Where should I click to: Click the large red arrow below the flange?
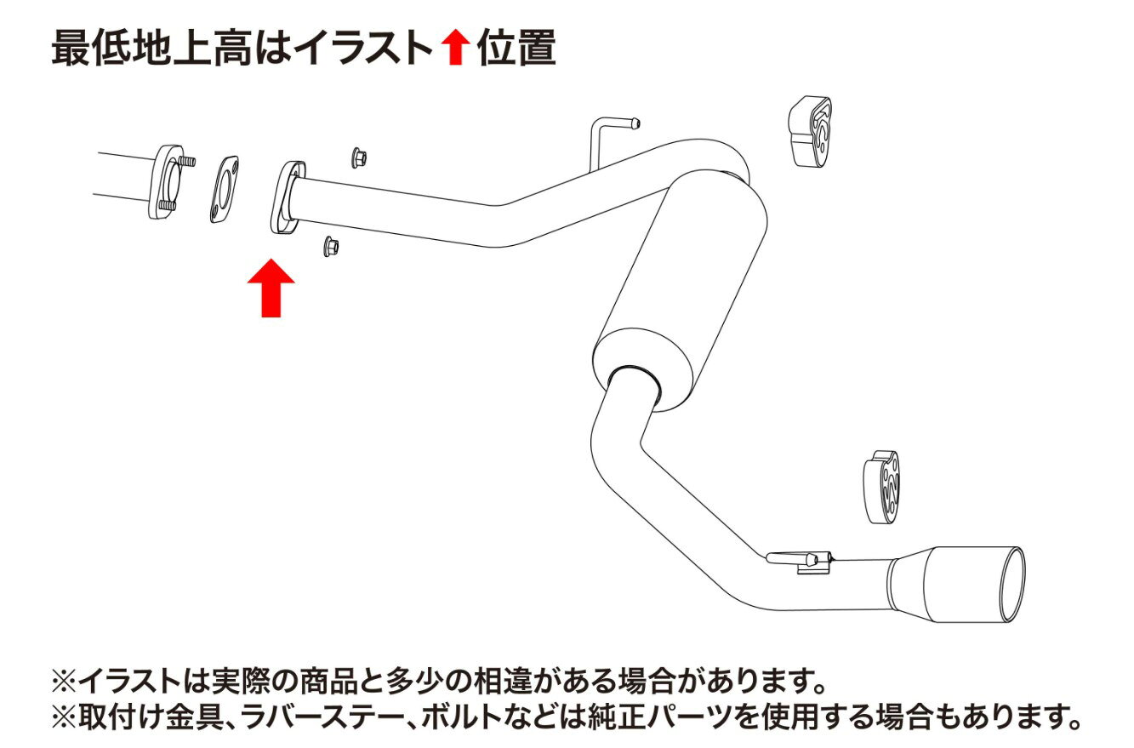271,288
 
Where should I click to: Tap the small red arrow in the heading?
456,47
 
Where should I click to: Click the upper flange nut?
359,157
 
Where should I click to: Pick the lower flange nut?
331,246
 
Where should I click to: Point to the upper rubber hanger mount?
809,132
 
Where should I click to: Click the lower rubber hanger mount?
880,487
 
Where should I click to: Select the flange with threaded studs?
170,182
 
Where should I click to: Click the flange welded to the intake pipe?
286,198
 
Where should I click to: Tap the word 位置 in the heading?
517,48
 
